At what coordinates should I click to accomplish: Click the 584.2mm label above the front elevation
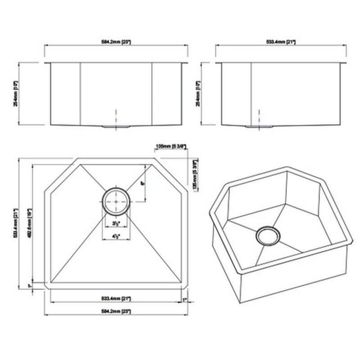coord(116,41)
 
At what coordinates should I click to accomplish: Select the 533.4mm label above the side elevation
coord(281,41)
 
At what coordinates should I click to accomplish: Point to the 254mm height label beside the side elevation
coord(197,94)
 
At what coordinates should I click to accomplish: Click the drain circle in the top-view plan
coord(116,201)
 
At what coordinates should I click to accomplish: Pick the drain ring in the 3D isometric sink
coord(268,235)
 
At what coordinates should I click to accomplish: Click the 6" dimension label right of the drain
coord(142,184)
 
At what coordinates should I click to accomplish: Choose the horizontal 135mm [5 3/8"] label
coord(171,146)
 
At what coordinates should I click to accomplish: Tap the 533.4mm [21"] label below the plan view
coord(116,298)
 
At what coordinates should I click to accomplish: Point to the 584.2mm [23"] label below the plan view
coord(116,311)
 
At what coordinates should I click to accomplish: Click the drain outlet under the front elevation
coord(116,127)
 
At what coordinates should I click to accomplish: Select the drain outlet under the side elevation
coord(259,127)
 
